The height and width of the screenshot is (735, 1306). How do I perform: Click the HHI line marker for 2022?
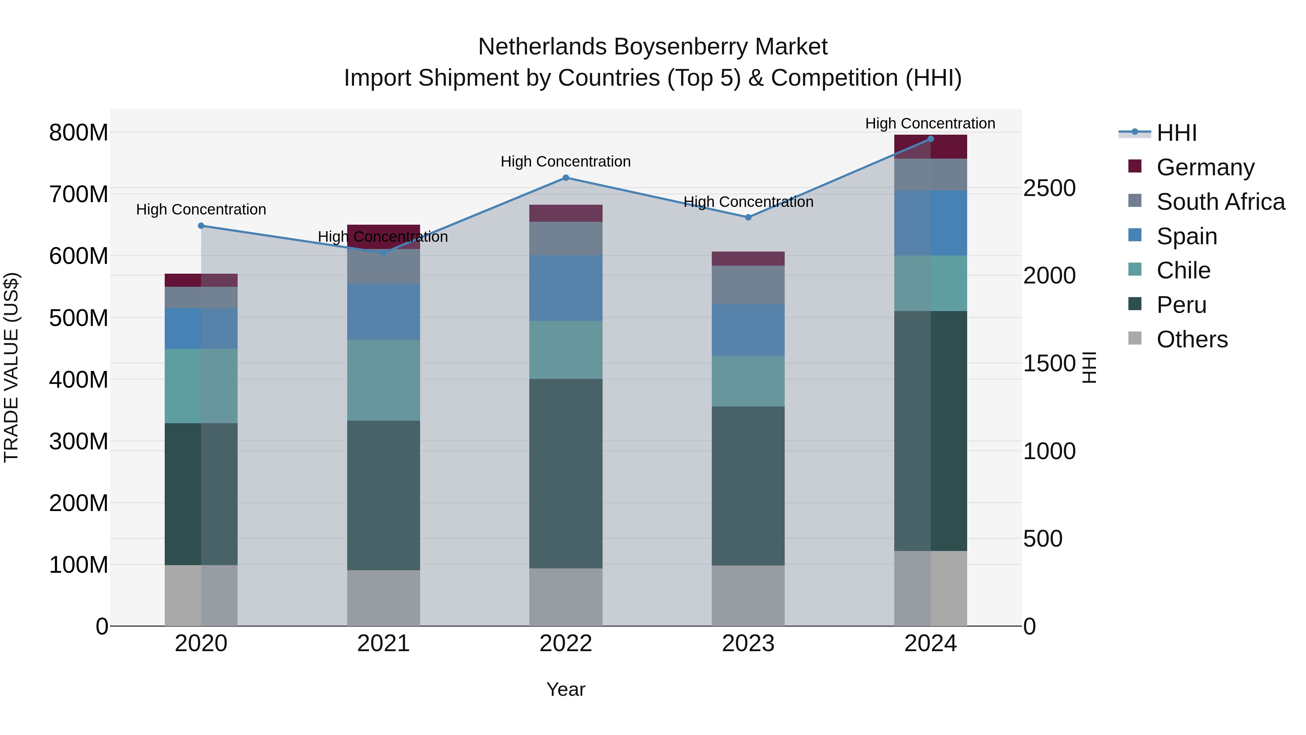pyautogui.click(x=566, y=177)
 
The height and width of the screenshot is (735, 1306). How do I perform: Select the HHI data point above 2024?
pyautogui.click(x=930, y=139)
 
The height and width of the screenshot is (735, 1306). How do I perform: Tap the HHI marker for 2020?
pyautogui.click(x=201, y=226)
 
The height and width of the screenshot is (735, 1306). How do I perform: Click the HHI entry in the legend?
pyautogui.click(x=1176, y=133)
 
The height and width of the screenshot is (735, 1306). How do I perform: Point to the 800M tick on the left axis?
pyautogui.click(x=79, y=133)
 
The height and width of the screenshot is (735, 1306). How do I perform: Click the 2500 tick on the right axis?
pyautogui.click(x=1049, y=188)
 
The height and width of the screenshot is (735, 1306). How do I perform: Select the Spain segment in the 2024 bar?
pyautogui.click(x=930, y=223)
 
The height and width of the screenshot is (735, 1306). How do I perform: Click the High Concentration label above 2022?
pyautogui.click(x=566, y=162)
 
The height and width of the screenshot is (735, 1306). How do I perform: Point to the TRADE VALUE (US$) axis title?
pyautogui.click(x=11, y=367)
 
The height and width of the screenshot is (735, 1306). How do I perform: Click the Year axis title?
pyautogui.click(x=566, y=689)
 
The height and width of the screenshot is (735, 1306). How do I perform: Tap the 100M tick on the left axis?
pyautogui.click(x=79, y=564)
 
